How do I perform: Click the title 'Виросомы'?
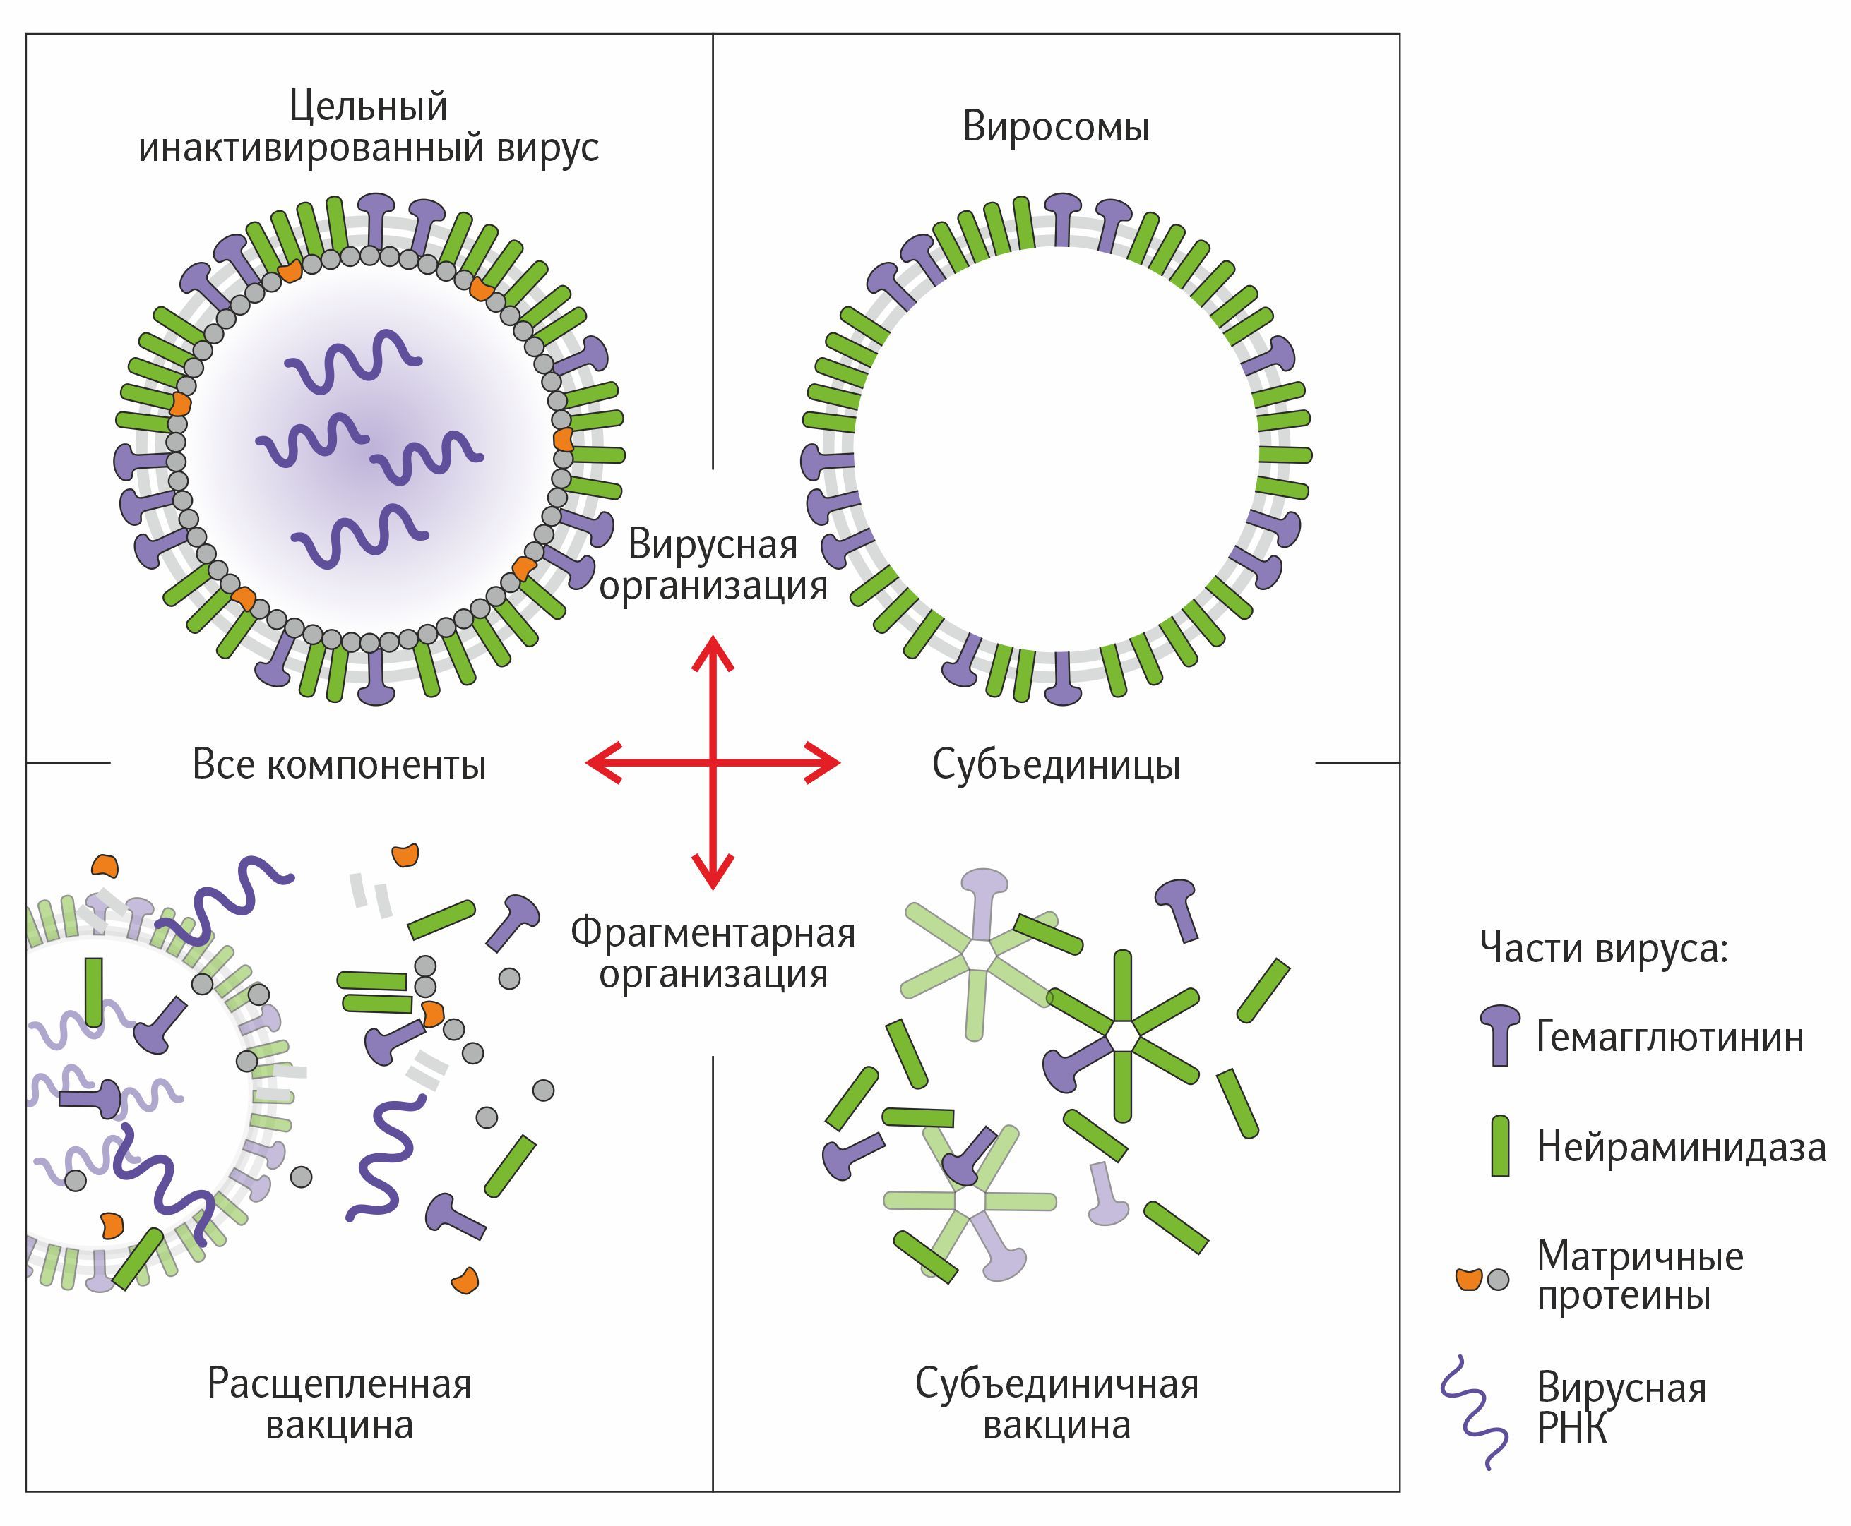click(x=1055, y=126)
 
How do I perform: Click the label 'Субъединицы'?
click(x=1055, y=764)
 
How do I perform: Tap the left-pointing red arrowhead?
click(x=602, y=762)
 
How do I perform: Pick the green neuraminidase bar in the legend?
click(x=1500, y=1146)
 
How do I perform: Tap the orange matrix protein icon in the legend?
click(x=1468, y=1279)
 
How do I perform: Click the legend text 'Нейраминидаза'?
click(x=1680, y=1147)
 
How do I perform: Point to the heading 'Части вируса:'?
click(x=1603, y=948)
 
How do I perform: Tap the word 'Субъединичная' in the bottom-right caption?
click(x=1056, y=1383)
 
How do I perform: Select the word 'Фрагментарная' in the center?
click(x=713, y=932)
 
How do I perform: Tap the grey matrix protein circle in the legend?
click(x=1497, y=1280)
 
